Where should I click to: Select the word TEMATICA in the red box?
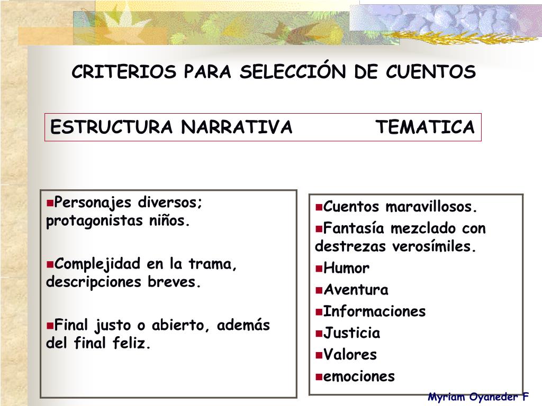(426, 127)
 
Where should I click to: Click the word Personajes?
(94, 202)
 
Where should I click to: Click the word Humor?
(346, 268)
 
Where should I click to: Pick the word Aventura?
(356, 290)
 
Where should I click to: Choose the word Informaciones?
(374, 311)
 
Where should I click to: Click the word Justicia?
(351, 333)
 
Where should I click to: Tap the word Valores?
(350, 355)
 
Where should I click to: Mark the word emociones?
(359, 376)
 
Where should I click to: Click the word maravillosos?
(431, 207)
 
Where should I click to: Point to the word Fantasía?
(353, 228)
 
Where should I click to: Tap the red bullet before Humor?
(319, 269)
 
